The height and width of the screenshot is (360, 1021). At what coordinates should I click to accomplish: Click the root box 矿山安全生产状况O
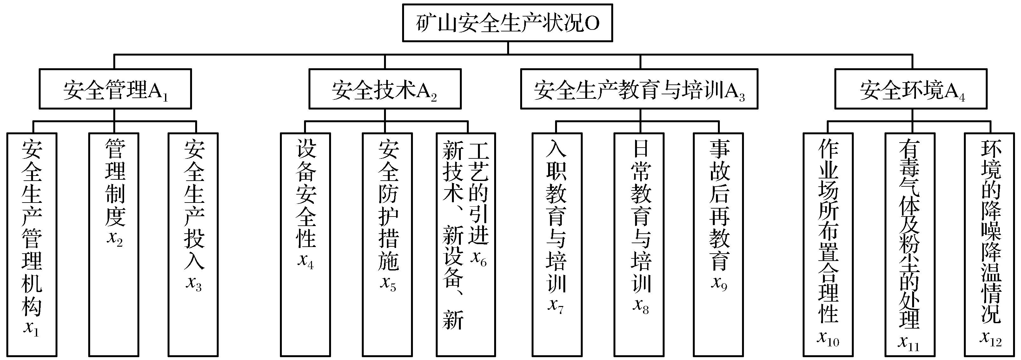point(507,23)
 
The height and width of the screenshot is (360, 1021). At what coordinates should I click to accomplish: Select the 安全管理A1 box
point(115,89)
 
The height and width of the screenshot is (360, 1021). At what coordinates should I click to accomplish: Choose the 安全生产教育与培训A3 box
point(639,89)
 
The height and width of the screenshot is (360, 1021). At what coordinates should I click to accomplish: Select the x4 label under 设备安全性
point(306,261)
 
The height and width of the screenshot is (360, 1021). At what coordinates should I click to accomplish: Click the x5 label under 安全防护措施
point(388,283)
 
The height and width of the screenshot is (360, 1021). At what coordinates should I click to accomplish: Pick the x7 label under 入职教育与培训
point(556,305)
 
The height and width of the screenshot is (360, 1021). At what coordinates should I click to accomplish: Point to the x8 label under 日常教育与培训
point(640,305)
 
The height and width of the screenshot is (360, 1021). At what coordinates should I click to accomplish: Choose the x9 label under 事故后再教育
point(719,283)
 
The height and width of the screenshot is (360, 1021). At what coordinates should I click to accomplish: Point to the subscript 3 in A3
point(742,96)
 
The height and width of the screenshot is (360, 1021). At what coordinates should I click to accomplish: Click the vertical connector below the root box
point(508,48)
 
